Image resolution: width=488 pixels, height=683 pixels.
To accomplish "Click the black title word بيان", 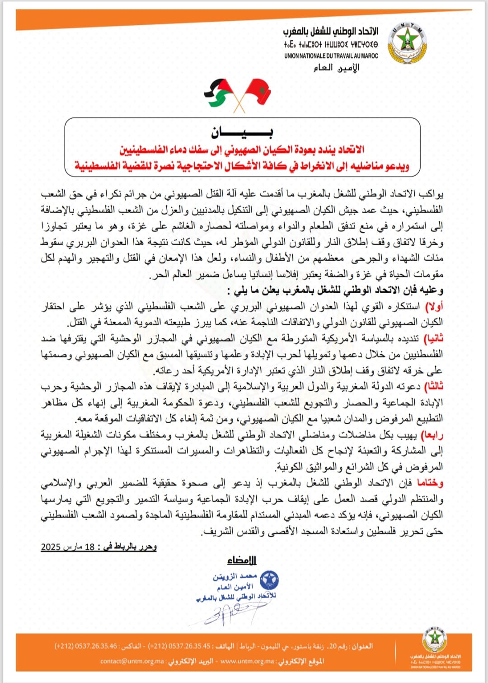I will point(242,132).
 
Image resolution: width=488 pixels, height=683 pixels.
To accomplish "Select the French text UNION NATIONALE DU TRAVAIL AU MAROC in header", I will point(331,56).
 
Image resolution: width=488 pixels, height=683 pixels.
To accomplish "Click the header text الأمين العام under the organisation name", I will point(337,68).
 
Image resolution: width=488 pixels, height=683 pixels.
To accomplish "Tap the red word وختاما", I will point(430,483).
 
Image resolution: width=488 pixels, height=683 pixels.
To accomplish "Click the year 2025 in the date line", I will point(51,547).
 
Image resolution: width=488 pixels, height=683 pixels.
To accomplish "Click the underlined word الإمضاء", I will point(242,561).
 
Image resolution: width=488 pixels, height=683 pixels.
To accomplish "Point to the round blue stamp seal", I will point(269,580).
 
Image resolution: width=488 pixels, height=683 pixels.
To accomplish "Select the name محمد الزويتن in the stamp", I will point(235,577).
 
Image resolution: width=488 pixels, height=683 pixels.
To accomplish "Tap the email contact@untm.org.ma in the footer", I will point(132,661).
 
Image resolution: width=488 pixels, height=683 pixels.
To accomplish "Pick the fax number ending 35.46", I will point(86,646).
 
